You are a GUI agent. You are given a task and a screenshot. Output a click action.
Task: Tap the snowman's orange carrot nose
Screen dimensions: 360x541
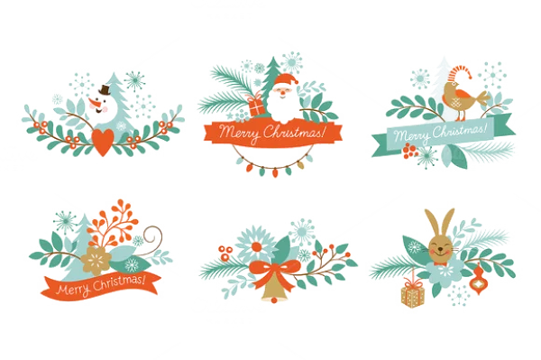pos(100,103)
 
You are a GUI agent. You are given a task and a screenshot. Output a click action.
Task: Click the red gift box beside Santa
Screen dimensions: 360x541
pos(255,105)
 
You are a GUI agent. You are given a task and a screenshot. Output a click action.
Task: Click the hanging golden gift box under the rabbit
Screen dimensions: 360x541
pos(414,294)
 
